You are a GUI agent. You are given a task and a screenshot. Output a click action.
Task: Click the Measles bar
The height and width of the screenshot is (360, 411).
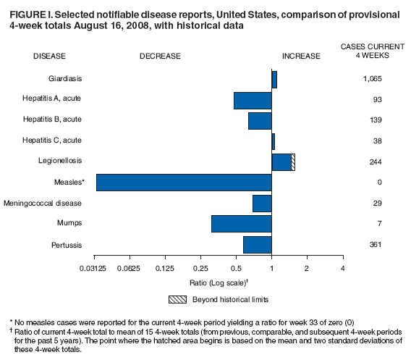[x=184, y=183]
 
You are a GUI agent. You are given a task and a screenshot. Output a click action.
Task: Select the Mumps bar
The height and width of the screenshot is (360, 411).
[x=241, y=223]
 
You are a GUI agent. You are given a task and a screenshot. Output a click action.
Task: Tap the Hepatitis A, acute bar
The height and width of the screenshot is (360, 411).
[x=253, y=100]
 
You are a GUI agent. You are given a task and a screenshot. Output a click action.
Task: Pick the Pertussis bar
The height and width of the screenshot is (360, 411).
[x=258, y=245]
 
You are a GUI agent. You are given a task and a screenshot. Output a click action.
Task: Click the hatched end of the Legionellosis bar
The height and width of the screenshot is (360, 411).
[x=293, y=162]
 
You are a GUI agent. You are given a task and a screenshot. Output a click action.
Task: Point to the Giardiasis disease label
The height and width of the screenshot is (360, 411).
[x=61, y=78]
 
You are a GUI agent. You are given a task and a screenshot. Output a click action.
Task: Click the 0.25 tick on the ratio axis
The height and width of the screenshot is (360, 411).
[x=201, y=269]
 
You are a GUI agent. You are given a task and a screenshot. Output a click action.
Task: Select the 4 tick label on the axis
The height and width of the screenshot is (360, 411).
[x=342, y=269]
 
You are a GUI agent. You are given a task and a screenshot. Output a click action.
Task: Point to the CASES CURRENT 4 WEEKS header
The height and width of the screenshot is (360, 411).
[x=373, y=51]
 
